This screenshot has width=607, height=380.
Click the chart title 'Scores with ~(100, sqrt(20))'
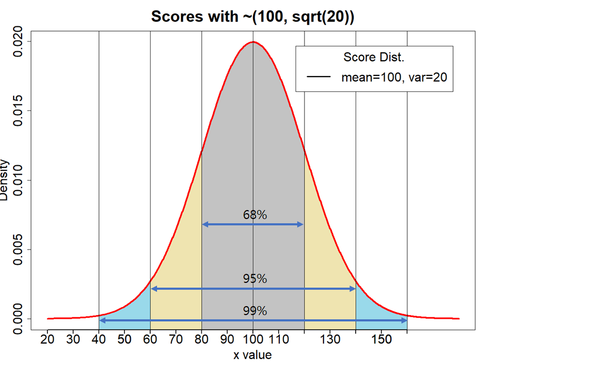pyautogui.click(x=252, y=16)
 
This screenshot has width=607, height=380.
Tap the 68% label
pyautogui.click(x=255, y=215)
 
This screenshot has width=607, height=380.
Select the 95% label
pyautogui.click(x=255, y=279)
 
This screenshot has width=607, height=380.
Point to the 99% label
pyautogui.click(x=255, y=311)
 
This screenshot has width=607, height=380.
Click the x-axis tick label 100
pyautogui.click(x=253, y=339)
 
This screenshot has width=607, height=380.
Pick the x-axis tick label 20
pyautogui.click(x=48, y=339)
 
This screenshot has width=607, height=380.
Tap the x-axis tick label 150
pyautogui.click(x=381, y=339)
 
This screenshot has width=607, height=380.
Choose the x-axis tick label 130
pyautogui.click(x=330, y=339)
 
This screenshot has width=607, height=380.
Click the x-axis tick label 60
pyautogui.click(x=150, y=339)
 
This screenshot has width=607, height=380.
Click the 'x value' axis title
pyautogui.click(x=253, y=355)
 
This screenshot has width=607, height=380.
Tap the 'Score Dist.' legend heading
pyautogui.click(x=374, y=57)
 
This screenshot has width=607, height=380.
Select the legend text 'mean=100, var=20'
pyautogui.click(x=394, y=77)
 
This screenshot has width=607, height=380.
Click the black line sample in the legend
pyautogui.click(x=319, y=77)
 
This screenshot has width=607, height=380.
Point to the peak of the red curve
pyautogui.click(x=253, y=42)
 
